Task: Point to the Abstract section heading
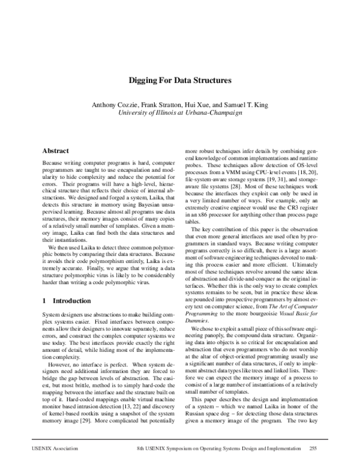coord(56,151)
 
